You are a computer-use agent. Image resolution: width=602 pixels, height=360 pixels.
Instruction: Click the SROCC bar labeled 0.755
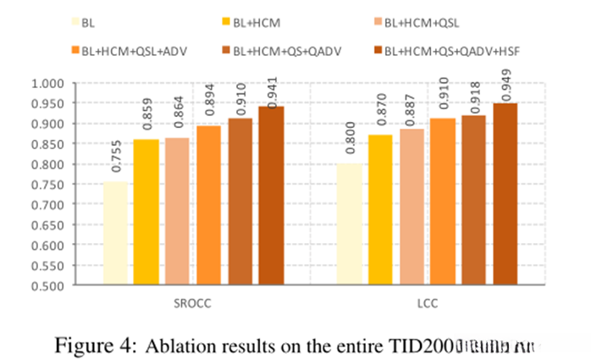click(x=116, y=233)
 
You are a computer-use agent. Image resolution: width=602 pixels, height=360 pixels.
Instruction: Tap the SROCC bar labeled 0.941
click(x=271, y=196)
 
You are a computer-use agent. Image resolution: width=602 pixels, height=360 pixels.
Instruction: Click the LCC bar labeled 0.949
click(x=505, y=194)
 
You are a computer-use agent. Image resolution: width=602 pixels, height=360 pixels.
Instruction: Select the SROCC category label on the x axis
click(x=193, y=302)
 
